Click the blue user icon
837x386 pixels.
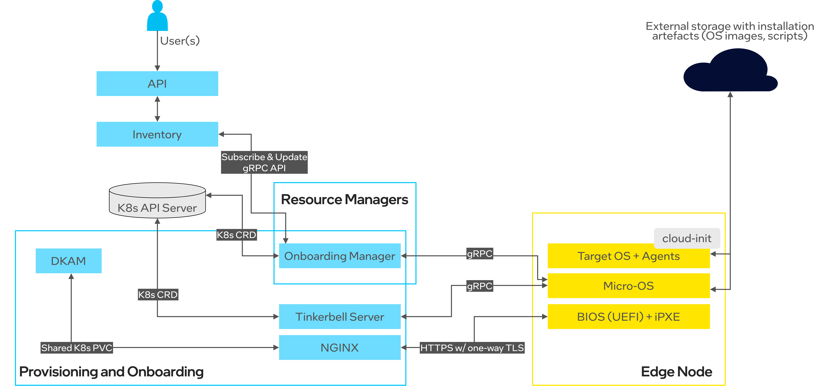point(157,16)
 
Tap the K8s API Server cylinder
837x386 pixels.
point(157,201)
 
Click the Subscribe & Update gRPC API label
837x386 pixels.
point(264,162)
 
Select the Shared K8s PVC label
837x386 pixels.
point(77,348)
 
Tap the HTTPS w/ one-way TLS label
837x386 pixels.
point(472,348)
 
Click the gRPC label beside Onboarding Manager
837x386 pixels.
point(480,254)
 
